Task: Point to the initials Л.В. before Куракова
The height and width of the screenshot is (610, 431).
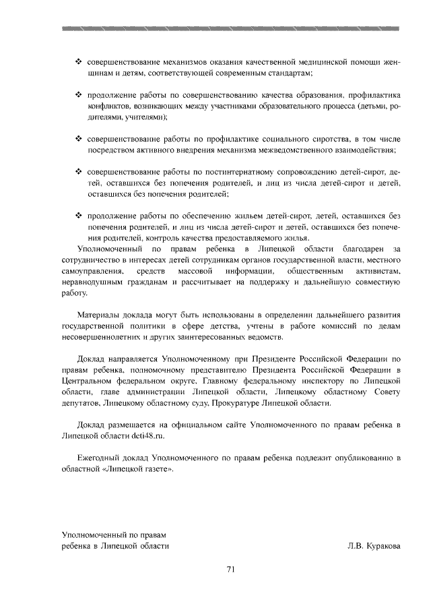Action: (347, 546)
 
